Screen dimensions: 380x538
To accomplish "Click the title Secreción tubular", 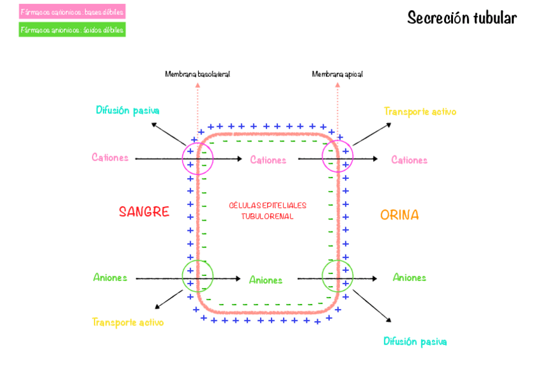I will coord(461,18).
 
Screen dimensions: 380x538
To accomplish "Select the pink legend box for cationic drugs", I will coord(72,11).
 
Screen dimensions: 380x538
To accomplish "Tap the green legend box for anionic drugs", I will coord(72,29).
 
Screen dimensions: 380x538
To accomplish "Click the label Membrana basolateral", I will coord(197,74).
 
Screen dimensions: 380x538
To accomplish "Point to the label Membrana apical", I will coord(337,74).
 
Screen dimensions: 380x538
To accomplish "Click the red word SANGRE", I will coord(144,212).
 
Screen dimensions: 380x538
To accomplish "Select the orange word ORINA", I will coord(399,215).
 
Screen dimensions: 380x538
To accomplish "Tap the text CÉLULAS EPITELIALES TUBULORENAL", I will coord(267,211).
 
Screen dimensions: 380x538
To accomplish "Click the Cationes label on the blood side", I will coord(110,157).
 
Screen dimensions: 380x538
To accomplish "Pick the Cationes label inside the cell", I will coord(268,160).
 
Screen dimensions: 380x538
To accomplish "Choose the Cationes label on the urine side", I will coord(409,160).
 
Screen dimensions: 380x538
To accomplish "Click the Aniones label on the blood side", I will coord(110,277).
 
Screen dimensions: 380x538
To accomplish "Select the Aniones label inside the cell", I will coord(266,280).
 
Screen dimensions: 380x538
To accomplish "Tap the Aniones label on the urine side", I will coord(409,277).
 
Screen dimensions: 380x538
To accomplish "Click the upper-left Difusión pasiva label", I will coord(128,110).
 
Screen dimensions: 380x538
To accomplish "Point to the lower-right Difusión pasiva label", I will coord(415,341).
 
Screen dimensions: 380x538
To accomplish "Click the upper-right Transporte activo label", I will coord(420,112).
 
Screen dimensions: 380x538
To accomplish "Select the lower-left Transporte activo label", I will coord(128,322).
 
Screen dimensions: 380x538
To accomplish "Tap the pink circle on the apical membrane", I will coord(338,156).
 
